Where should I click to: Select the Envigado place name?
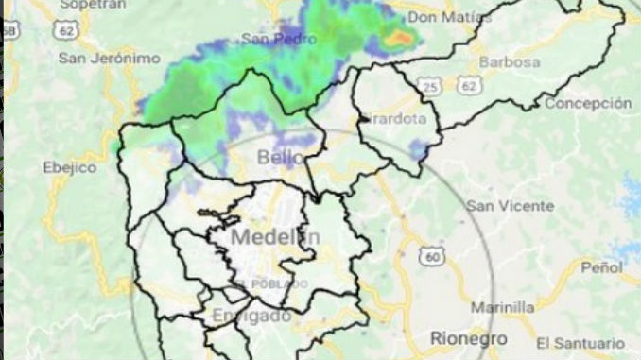tap(251, 316)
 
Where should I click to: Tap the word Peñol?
tap(601, 267)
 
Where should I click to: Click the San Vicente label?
tap(511, 205)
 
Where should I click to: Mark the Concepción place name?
tap(587, 103)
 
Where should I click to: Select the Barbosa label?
tap(510, 62)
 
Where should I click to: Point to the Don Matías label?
tap(452, 18)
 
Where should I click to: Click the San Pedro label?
tap(277, 39)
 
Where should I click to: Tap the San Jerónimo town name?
tap(110, 58)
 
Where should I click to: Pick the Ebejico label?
tap(71, 167)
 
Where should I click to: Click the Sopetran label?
tap(93, 5)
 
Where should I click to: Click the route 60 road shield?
tap(433, 256)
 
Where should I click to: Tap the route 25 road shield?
tap(428, 87)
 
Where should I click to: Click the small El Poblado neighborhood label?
tap(270, 283)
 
